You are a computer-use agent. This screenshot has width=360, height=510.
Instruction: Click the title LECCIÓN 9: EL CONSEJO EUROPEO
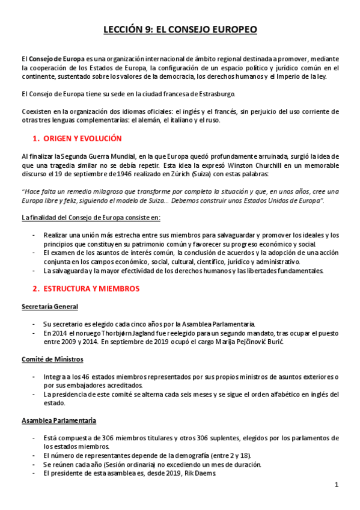tap(180, 29)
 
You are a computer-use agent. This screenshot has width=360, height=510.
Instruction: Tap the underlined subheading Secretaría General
tap(50, 307)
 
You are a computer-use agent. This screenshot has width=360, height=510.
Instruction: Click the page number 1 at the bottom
tap(337, 485)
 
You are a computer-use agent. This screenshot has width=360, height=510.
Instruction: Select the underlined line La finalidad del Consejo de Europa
tap(91, 217)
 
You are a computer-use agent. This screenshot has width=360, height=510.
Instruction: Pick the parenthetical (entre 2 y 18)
tap(230, 455)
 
